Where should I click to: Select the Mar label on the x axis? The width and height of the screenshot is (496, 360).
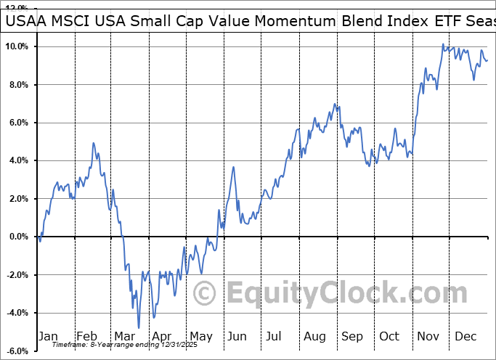pos(125,336)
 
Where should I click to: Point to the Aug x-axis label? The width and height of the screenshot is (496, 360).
pos(314,336)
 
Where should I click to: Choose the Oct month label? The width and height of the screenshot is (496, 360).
pos(389,336)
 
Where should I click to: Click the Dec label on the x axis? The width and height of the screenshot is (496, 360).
pos(465,336)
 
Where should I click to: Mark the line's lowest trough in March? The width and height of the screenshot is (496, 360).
pos(138,327)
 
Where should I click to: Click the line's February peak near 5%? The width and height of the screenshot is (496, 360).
pos(94,143)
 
